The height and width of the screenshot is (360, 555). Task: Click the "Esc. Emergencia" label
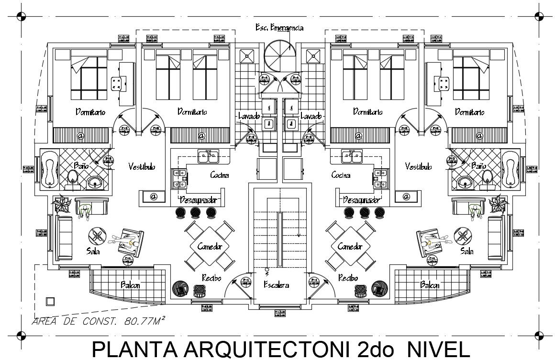(x=279, y=28)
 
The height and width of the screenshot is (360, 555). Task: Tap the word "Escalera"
(x=277, y=285)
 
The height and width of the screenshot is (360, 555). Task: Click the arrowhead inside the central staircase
(x=299, y=234)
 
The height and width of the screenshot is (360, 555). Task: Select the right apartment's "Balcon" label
(x=430, y=285)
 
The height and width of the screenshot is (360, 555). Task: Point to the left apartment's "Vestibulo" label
(x=142, y=166)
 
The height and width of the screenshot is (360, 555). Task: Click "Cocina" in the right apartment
(x=341, y=175)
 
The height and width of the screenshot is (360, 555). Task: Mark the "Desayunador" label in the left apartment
(x=199, y=200)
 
